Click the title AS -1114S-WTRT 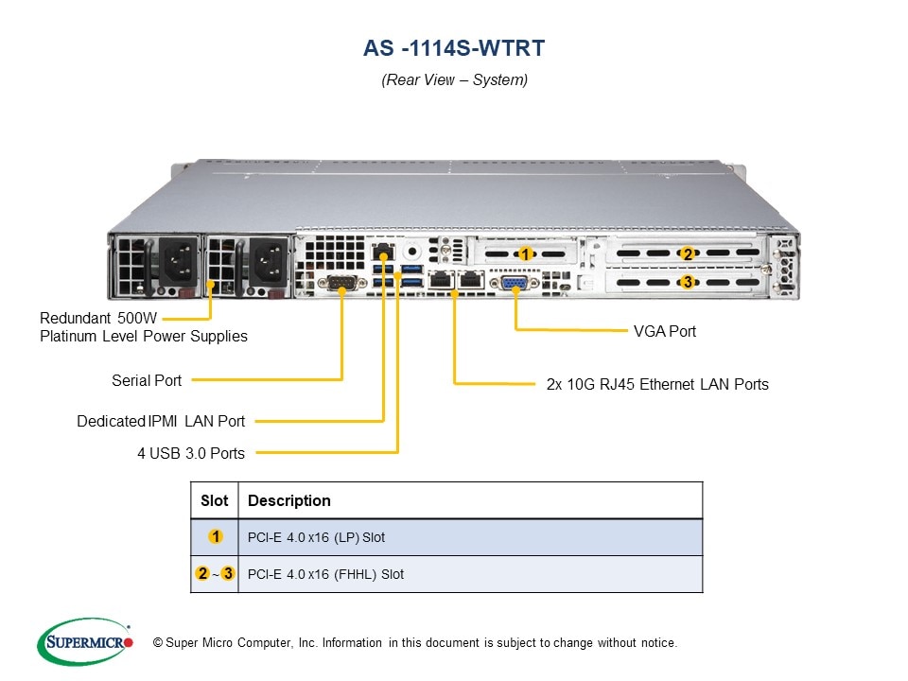coord(454,47)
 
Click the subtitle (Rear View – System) coord(454,80)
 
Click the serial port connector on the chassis coord(340,282)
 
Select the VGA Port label coord(664,331)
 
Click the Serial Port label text coord(147,380)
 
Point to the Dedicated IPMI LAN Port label coord(161,421)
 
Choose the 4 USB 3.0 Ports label coord(191,453)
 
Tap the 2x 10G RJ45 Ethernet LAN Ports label coord(657,384)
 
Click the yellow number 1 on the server coord(525,253)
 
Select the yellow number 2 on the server coord(688,253)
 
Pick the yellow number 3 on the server coord(688,281)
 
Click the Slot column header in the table coord(215,500)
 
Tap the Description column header coord(288,500)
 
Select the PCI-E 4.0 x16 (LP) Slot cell coord(316,537)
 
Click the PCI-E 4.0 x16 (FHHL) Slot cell coord(325,574)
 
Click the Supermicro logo coord(85,642)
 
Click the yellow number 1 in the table coord(216,537)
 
